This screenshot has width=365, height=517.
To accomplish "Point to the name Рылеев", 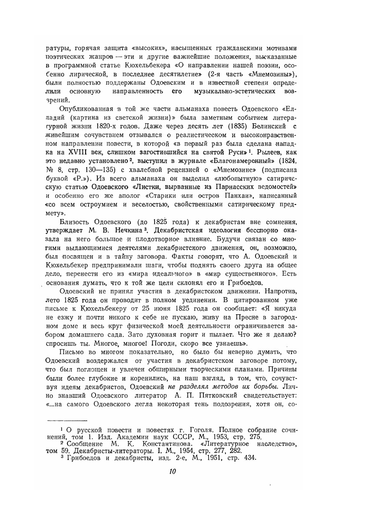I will coord(273,150).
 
